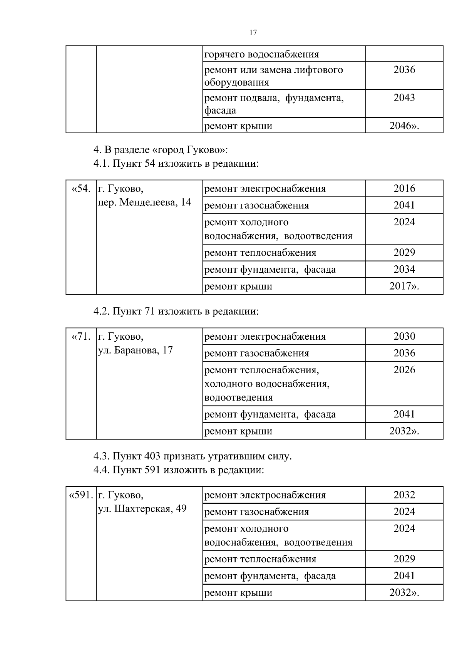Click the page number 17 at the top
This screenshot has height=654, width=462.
253,32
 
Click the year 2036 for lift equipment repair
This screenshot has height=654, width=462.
404,70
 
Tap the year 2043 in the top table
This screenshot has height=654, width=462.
404,98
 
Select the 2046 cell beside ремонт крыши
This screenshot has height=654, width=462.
404,126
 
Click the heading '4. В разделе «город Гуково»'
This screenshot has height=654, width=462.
161,149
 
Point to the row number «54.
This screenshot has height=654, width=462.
81,189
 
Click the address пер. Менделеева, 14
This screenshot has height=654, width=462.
144,202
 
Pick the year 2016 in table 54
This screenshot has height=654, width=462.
404,188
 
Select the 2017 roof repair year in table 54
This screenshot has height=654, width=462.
404,286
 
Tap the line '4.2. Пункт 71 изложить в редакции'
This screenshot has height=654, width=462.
176,311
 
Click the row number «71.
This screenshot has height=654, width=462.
81,337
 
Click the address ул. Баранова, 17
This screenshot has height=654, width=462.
136,350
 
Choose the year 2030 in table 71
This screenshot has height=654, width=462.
404,336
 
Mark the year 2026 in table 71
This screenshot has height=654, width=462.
404,370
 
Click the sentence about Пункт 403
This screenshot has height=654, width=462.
192,456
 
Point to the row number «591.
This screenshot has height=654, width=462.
81,495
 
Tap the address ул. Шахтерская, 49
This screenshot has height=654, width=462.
142,509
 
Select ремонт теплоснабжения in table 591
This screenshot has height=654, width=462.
260,559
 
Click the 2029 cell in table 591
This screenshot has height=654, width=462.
404,559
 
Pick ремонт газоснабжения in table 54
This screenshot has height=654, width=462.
256,206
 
